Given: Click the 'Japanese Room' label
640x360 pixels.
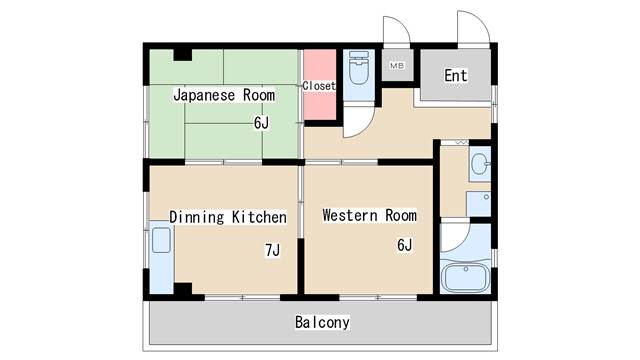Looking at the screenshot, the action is tap(224, 95).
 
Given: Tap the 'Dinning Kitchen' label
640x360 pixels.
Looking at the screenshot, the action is tap(228, 217).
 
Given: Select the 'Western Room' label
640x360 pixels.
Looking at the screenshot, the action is tap(369, 215).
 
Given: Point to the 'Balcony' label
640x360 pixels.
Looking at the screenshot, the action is tap(322, 322).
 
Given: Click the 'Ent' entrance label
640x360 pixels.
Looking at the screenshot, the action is tap(456, 75).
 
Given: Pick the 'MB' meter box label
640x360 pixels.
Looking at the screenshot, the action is tap(397, 65).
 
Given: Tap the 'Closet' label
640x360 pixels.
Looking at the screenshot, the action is tap(319, 86).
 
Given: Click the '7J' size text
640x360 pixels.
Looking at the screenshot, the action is tap(273, 249).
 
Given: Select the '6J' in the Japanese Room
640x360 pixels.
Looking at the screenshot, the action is tap(261, 122).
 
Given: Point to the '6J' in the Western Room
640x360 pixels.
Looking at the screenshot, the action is tap(404, 244).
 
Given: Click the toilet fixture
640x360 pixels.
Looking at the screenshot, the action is tap(359, 67).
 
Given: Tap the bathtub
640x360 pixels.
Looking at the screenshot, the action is tap(465, 277).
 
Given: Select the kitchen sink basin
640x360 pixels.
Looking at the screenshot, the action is tap(161, 240).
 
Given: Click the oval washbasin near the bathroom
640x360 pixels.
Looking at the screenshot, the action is tap(480, 164).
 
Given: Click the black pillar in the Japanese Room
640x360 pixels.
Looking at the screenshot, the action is tap(182, 55).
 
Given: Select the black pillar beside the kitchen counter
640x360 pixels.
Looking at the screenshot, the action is tap(183, 288).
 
